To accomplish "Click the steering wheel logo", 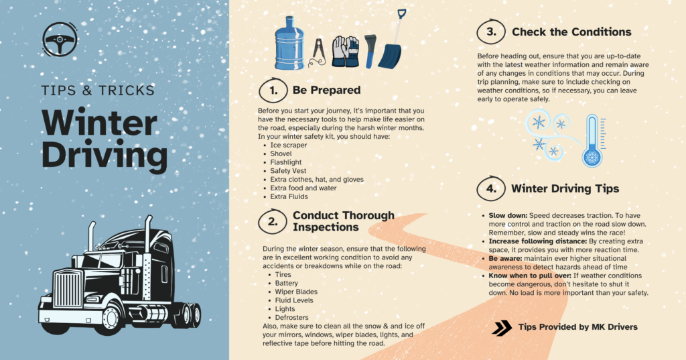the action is click(x=60, y=39).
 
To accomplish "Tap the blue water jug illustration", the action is click(x=289, y=44).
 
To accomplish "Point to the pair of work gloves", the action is click(x=345, y=52).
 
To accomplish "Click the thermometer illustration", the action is click(x=592, y=141).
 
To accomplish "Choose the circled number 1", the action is click(x=273, y=91).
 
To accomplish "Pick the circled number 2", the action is click(x=273, y=221).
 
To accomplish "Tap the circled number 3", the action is click(x=491, y=32).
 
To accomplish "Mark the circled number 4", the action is click(x=491, y=188).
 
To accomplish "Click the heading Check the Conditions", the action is click(x=571, y=32).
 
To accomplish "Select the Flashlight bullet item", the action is click(x=285, y=162).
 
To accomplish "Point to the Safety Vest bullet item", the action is click(x=288, y=171).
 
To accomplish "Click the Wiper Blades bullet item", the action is click(x=296, y=292).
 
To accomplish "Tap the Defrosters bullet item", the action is click(x=291, y=318).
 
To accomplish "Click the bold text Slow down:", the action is click(x=508, y=215).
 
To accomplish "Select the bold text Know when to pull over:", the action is click(x=530, y=276).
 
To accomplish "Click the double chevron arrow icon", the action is click(x=502, y=328).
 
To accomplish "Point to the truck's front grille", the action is click(x=68, y=289).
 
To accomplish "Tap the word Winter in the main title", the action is click(x=99, y=123).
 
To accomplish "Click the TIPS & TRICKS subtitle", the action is click(x=98, y=91).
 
